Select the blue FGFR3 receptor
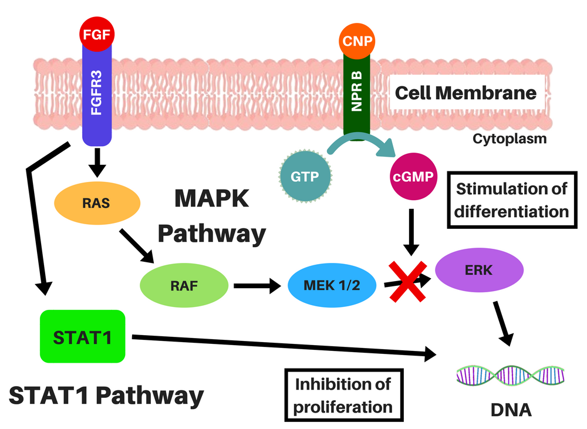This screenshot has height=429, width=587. pos(96,94)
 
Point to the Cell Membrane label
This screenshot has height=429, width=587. pos(465,93)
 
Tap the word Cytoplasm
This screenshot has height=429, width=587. pos(509,139)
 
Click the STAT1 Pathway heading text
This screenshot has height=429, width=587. pos(106,395)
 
